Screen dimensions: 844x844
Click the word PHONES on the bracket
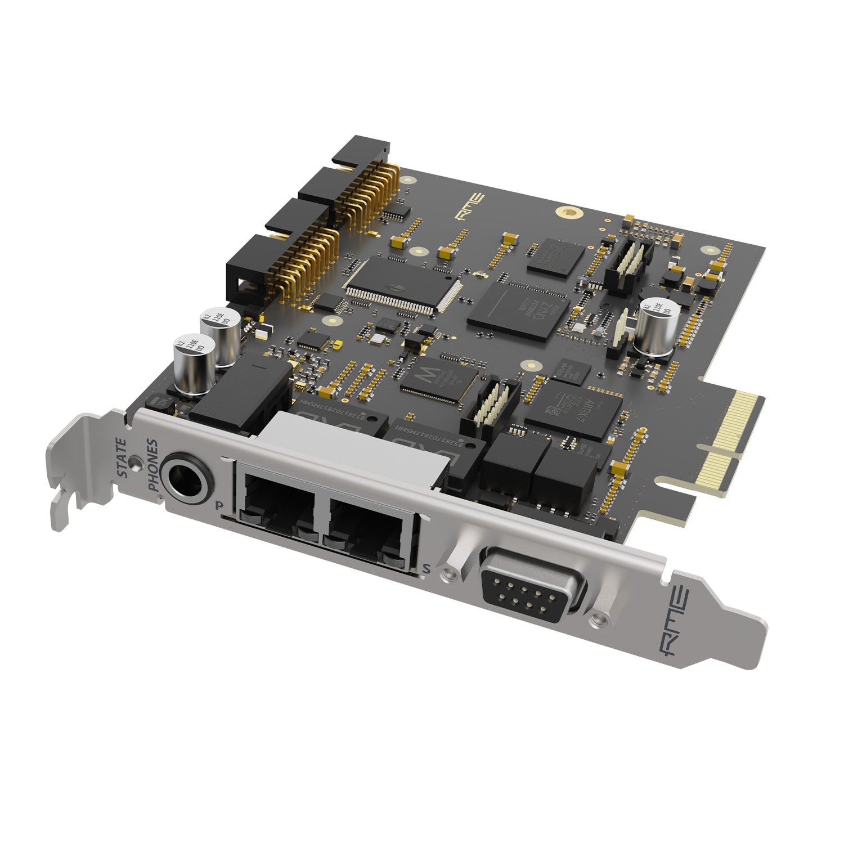[x=152, y=466]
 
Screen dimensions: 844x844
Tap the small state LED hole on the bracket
[x=134, y=463]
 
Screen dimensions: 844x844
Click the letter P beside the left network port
[x=220, y=505]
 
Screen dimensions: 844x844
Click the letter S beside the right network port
[x=426, y=569]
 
